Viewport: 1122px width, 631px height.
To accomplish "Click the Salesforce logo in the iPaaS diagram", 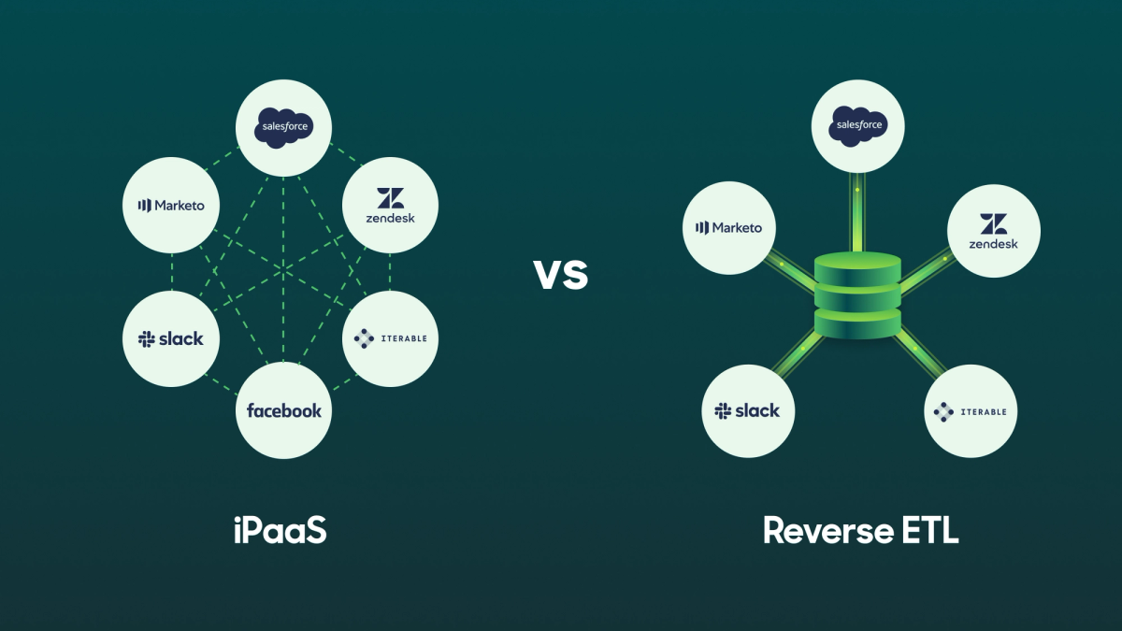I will [x=282, y=127].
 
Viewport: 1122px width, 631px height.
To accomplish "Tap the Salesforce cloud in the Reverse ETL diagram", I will [x=857, y=125].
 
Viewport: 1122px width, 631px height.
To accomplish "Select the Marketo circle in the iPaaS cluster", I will [x=171, y=206].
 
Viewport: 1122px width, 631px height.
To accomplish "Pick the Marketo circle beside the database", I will [x=729, y=227].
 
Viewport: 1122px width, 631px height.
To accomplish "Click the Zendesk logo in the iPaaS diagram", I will [x=390, y=206].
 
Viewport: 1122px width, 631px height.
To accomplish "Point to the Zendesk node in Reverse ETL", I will [x=993, y=231].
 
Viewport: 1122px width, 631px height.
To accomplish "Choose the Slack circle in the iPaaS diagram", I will [x=171, y=338].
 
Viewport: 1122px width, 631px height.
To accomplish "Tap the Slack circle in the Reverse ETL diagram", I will [x=747, y=410].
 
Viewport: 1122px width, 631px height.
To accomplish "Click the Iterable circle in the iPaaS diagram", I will [x=390, y=338].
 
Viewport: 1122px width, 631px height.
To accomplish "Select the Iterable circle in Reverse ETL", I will [x=971, y=411].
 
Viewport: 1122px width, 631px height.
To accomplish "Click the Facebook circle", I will [x=283, y=410].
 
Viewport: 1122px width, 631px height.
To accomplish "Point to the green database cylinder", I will [x=857, y=294].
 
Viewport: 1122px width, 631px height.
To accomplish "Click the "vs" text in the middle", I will [x=561, y=274].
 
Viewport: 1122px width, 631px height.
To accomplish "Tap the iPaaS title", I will [x=281, y=529].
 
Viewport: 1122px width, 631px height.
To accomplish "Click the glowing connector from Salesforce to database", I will [x=857, y=210].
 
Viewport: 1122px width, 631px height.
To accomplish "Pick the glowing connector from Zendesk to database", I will [x=926, y=270].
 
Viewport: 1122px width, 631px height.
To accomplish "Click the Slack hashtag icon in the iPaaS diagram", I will [x=146, y=339].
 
